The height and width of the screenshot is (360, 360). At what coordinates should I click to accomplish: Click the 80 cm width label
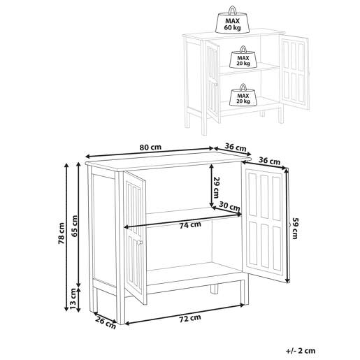coord(150,147)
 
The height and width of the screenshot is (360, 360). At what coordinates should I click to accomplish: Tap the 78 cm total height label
coord(62,233)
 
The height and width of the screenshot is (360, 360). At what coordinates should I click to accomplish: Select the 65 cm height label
coord(74,226)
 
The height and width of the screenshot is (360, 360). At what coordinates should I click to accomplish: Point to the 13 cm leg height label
coord(73,299)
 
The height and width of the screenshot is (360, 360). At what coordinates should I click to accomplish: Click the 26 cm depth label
coord(106,324)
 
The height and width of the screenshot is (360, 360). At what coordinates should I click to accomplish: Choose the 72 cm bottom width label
coord(190,319)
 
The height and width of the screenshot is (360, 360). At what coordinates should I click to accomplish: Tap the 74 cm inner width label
coord(190,225)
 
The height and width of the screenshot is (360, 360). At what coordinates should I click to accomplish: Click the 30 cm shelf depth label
coord(229,206)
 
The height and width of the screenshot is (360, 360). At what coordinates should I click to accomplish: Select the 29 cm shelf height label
coord(217,187)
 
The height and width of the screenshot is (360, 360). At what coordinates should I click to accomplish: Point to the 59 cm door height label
coord(295,229)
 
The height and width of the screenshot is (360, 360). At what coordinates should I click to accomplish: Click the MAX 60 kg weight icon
coord(232,20)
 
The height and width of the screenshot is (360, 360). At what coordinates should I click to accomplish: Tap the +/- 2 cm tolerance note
coord(301,351)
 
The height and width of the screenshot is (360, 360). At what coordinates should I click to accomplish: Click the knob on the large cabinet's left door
coord(139,243)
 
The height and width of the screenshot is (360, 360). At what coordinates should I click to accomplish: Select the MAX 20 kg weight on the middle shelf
coord(243,57)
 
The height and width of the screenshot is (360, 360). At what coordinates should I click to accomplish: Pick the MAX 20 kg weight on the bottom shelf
coord(243,95)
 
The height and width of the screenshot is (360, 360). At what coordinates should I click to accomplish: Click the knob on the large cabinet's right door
coord(289,225)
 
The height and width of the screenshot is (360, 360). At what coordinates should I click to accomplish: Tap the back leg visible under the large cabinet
coord(215,289)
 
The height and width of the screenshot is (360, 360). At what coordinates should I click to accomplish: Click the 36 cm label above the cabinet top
coord(236,147)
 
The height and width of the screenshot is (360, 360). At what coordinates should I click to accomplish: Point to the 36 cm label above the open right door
coord(270,161)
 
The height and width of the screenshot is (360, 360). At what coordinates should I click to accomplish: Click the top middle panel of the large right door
coord(264,197)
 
